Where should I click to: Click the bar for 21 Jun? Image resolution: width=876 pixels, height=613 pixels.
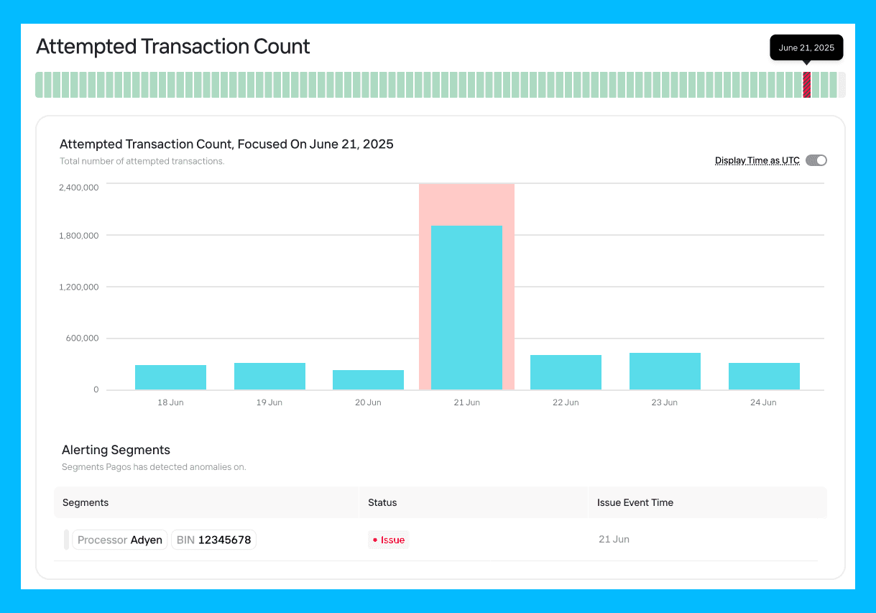click(466, 308)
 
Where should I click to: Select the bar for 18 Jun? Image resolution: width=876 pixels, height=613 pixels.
click(170, 377)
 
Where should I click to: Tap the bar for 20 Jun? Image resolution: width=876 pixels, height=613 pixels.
click(368, 380)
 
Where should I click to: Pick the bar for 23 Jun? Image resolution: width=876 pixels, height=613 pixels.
click(665, 372)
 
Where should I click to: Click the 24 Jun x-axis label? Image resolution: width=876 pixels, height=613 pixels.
click(763, 402)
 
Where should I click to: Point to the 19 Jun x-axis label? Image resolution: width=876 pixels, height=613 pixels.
click(269, 402)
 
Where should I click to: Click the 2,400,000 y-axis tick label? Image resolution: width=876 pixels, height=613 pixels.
click(78, 188)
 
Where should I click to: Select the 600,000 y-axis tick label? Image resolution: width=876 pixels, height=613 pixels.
click(82, 338)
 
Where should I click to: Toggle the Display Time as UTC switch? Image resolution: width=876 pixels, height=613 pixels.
click(816, 160)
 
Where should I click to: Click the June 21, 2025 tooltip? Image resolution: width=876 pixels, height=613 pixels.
click(806, 47)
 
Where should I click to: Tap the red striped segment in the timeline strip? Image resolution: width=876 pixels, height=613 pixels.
click(807, 85)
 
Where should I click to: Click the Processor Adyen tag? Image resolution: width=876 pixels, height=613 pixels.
click(120, 540)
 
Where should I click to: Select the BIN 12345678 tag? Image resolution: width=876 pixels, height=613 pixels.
click(213, 540)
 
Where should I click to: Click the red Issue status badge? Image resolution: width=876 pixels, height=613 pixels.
click(388, 540)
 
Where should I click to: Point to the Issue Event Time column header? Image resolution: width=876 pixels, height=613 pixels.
click(635, 502)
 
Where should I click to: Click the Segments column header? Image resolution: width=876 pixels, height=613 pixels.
click(86, 502)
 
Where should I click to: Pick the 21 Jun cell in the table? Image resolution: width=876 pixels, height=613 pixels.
click(614, 539)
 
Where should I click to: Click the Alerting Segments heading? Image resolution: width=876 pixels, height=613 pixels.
click(116, 450)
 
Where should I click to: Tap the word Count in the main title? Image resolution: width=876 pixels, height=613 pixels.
click(282, 46)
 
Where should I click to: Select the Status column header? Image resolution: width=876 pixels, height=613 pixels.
click(382, 502)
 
